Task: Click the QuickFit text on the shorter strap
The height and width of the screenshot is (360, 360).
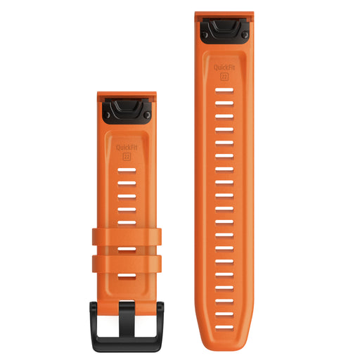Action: coord(127,148)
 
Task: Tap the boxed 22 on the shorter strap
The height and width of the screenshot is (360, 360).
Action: coord(127,157)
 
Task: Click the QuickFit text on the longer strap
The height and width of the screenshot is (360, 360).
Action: coord(224,67)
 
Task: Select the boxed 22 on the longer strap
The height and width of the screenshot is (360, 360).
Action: coord(224,77)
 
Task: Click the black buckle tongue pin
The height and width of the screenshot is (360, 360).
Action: coord(127,319)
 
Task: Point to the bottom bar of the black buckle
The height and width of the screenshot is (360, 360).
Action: coord(127,345)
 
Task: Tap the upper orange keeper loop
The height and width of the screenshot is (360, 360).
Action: coord(127,237)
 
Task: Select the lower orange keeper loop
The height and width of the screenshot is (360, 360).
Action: coord(127,264)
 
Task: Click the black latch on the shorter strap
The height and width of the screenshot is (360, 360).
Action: coord(127,110)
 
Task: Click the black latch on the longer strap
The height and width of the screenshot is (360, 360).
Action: coord(224,31)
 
